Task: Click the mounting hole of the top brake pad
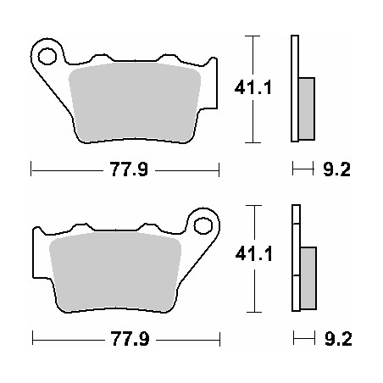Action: coord(47,57)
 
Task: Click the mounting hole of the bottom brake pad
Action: coord(203,226)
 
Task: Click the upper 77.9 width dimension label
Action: coord(124,170)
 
